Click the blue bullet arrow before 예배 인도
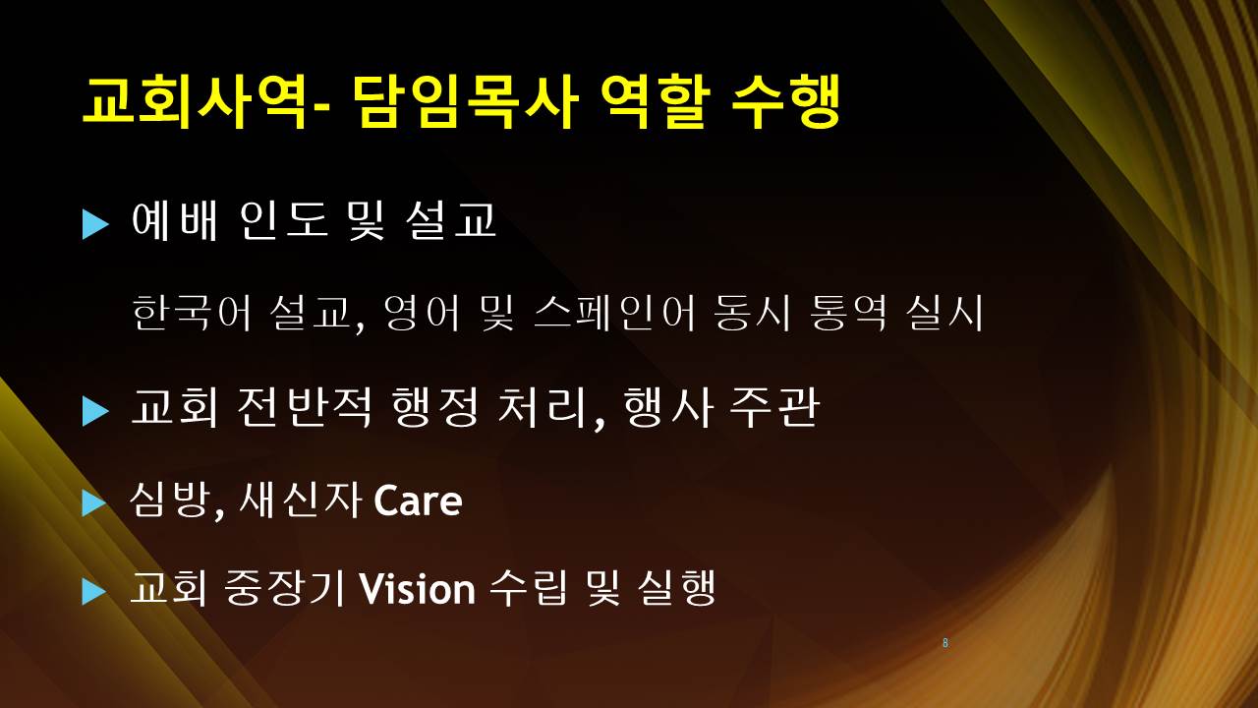pos(95,224)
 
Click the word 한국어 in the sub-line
pos(191,313)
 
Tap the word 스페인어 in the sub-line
pos(614,313)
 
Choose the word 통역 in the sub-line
pos(848,313)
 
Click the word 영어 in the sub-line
pos(422,313)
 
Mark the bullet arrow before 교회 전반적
pos(95,411)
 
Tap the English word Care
pos(418,501)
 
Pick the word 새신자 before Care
pos(300,500)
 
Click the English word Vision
pos(418,589)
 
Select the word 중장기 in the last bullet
pos(284,588)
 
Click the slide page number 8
pos(945,643)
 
